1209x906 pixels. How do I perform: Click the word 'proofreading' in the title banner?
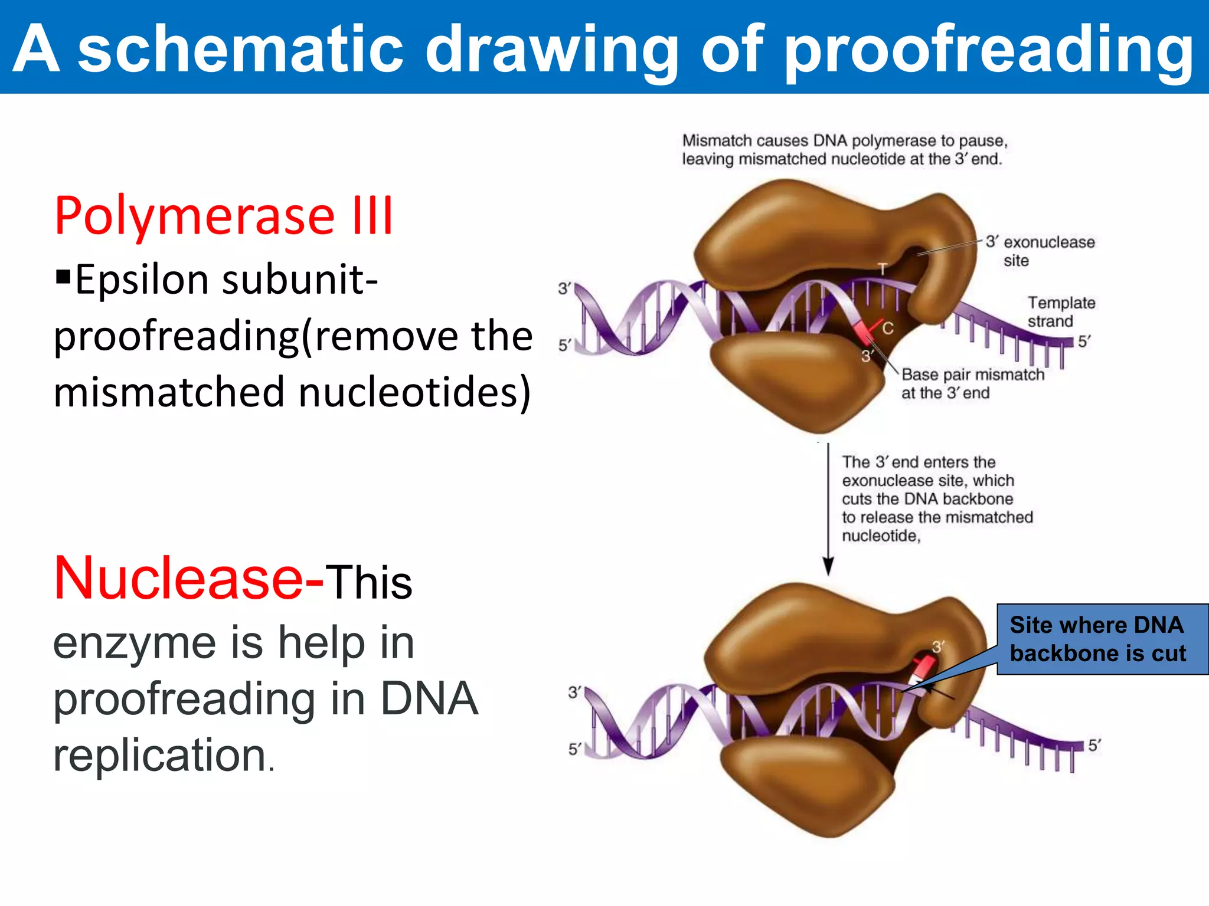[x=989, y=52]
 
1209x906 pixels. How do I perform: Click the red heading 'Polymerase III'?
[x=223, y=216]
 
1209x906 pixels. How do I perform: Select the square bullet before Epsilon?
[x=63, y=276]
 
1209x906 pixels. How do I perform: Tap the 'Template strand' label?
[x=1061, y=311]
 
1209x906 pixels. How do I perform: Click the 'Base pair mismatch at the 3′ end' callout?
[x=972, y=383]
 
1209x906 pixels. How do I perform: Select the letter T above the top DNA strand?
[x=883, y=269]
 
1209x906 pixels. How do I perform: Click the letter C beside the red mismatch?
[x=888, y=328]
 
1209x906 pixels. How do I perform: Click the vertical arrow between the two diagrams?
[x=828, y=507]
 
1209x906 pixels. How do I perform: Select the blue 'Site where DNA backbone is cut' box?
[x=1102, y=639]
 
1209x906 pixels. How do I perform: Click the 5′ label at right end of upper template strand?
[x=1084, y=342]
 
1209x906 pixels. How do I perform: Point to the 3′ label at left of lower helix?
[x=574, y=692]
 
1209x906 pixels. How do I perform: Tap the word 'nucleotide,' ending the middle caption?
[x=881, y=536]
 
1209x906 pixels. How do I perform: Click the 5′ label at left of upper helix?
[x=564, y=344]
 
